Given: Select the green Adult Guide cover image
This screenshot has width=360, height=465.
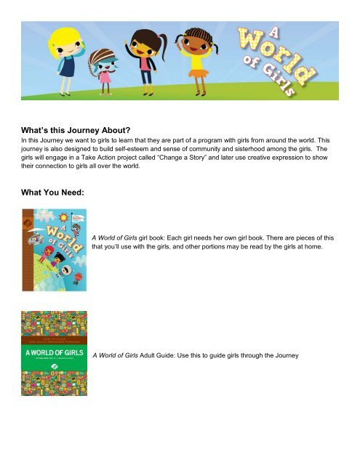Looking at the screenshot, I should click(54, 353).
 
